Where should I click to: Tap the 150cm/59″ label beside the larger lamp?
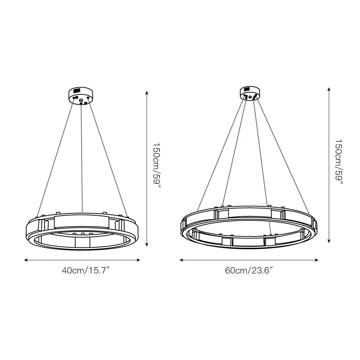(x=338, y=163)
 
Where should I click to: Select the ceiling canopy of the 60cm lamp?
(x=249, y=92)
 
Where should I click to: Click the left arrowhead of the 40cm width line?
(x=25, y=260)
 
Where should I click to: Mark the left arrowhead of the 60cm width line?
(x=181, y=260)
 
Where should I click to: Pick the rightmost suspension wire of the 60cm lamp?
(x=283, y=155)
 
